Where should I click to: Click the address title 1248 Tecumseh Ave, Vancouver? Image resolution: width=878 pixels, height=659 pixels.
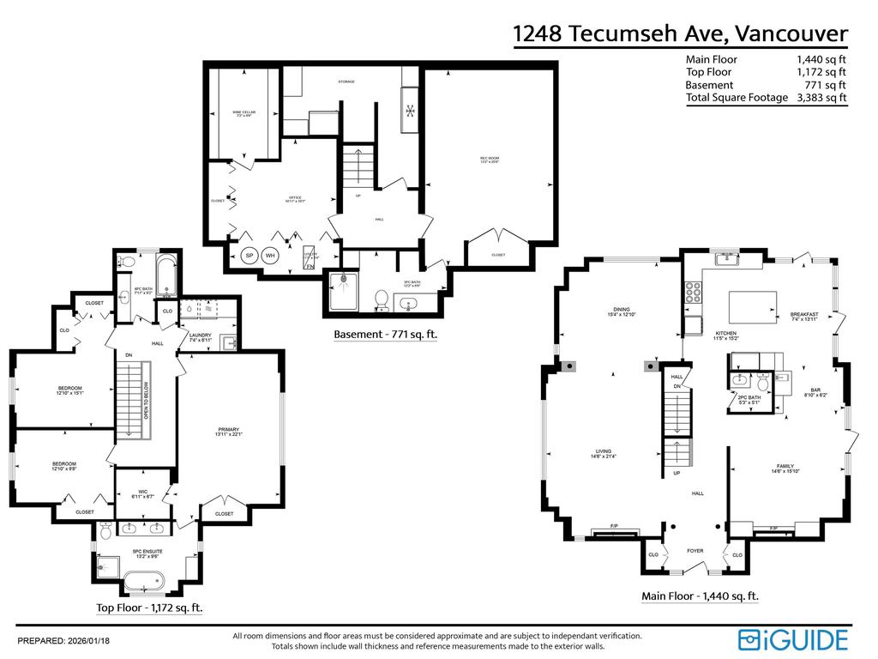(x=680, y=33)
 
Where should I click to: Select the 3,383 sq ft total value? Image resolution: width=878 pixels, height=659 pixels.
(x=821, y=98)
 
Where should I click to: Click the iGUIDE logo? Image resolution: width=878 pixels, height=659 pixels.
(x=793, y=639)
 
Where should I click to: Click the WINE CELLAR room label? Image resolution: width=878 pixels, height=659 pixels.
(x=244, y=113)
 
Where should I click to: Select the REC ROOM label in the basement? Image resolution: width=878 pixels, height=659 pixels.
(x=490, y=159)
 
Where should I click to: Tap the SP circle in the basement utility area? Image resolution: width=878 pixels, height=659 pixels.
(x=250, y=256)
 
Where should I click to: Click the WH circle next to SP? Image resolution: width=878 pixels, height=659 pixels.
(x=271, y=256)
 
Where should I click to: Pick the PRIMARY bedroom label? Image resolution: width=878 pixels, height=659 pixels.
(x=228, y=431)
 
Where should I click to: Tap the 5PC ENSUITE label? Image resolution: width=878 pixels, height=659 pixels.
(x=147, y=553)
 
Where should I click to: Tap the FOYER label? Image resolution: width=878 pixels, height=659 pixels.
(x=695, y=551)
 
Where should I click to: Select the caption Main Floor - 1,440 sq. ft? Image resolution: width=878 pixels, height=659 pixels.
(x=700, y=596)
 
